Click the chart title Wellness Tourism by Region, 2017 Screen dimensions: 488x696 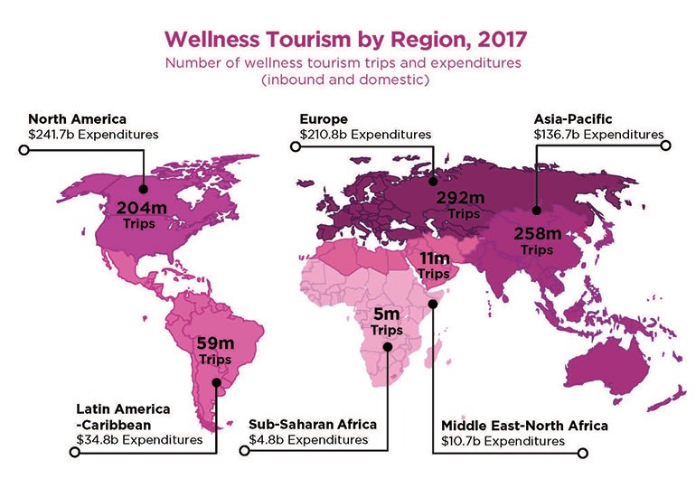pos(348,41)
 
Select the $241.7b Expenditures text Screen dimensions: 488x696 pos(93,134)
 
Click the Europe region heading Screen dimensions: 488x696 pos(324,118)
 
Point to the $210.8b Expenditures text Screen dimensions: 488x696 pos(365,134)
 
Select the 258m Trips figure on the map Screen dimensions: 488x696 pos(537,239)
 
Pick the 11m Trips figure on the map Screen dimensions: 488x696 pos(433,266)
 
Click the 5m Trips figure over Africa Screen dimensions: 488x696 pos(387,322)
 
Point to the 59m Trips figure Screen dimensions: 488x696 pos(216,350)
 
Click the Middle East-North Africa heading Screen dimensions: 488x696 pos(524,426)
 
